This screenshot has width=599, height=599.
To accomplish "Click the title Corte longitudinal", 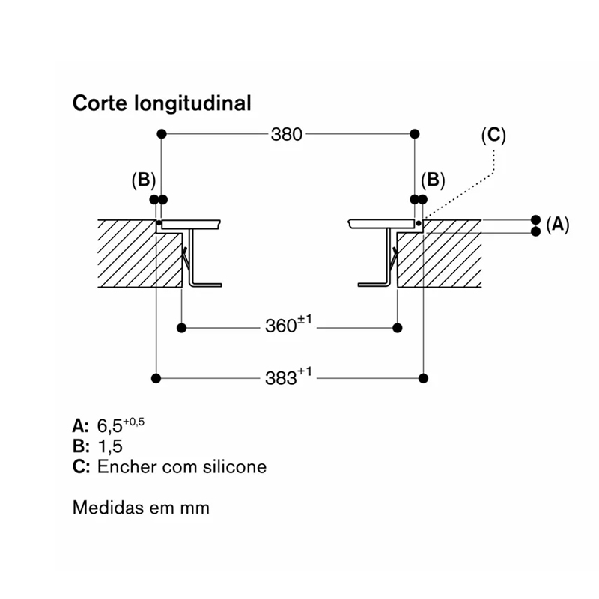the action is point(162,103).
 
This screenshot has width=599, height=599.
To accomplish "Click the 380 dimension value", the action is point(287,135).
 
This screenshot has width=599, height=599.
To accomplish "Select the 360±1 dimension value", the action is point(288,324).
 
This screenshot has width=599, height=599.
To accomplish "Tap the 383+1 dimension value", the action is point(288,377).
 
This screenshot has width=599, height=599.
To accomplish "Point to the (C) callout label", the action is point(493,136).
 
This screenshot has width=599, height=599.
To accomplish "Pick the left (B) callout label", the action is point(144,180).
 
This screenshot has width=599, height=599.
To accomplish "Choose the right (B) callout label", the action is point(433,180).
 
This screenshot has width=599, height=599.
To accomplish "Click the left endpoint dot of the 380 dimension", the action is point(162,134).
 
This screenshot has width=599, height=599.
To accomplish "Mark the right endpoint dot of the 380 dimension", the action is point(415,134).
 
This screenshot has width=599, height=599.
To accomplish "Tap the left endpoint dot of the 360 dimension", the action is point(182,328).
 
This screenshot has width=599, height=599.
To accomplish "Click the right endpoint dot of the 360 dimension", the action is point(398,328).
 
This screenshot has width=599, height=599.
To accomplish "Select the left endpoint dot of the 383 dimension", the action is point(156,378).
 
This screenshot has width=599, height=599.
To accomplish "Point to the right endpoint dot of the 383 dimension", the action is point(423,378).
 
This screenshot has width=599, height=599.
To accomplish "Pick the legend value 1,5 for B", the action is point(110,446).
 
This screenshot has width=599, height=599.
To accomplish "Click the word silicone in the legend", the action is point(234,466).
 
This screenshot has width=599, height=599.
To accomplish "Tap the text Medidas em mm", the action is point(141,508).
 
